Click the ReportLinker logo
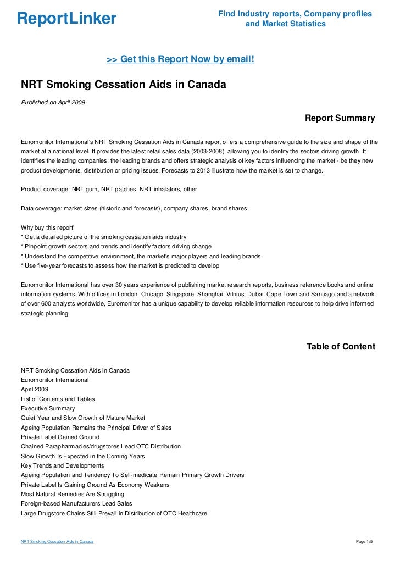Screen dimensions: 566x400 pos(66,19)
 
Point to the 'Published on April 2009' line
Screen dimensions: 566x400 pos(53,102)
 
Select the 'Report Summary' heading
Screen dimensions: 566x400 pos(340,118)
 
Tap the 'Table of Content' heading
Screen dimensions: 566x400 pos(341,347)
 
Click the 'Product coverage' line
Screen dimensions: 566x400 pos(108,189)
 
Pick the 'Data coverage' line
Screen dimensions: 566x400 pos(134,209)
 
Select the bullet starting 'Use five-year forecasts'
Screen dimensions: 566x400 pos(120,266)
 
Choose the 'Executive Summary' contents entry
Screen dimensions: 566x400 pos(48,408)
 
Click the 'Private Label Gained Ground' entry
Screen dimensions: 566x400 pos(60,437)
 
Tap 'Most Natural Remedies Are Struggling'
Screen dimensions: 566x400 pos(73,494)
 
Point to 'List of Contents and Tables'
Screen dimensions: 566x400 pos(58,399)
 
